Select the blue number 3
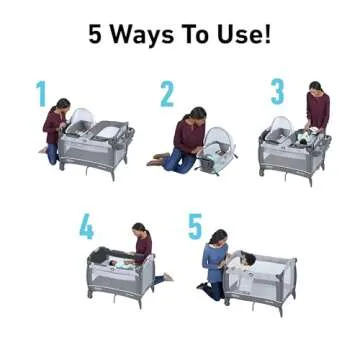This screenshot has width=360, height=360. (x=277, y=91)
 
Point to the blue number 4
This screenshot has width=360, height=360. (x=87, y=227)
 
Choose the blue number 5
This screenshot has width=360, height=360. (x=195, y=226)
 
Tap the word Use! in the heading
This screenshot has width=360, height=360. (x=243, y=35)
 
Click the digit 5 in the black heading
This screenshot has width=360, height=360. (x=96, y=35)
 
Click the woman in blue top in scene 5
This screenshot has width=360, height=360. (x=215, y=262)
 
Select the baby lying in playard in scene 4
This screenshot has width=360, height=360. (x=118, y=263)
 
